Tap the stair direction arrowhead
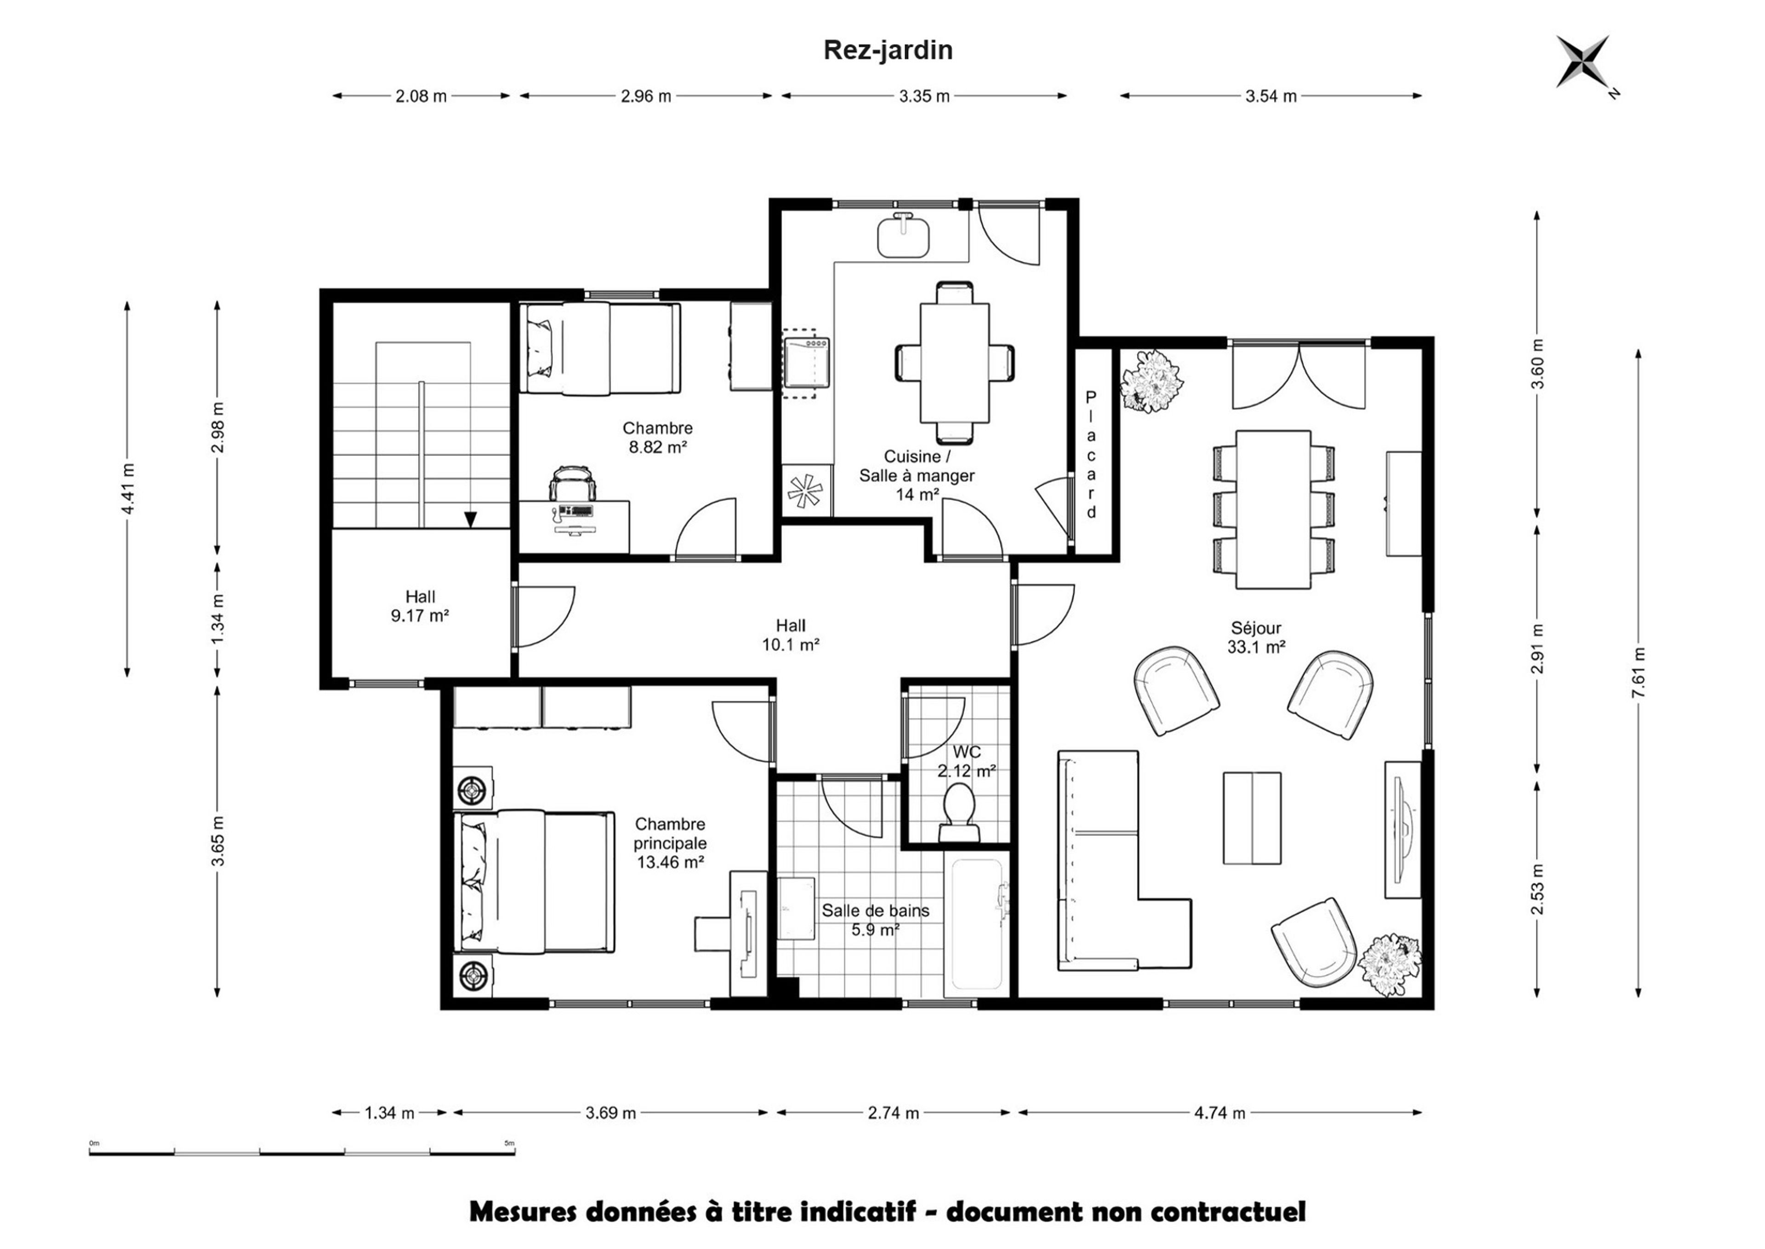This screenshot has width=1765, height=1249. (x=470, y=520)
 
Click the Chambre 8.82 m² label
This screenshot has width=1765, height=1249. (x=658, y=437)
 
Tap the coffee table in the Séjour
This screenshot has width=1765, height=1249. (x=1252, y=817)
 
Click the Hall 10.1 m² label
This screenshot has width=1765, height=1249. (x=791, y=635)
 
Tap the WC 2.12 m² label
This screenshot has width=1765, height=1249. (x=967, y=761)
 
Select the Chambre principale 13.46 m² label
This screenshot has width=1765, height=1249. (x=670, y=844)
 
